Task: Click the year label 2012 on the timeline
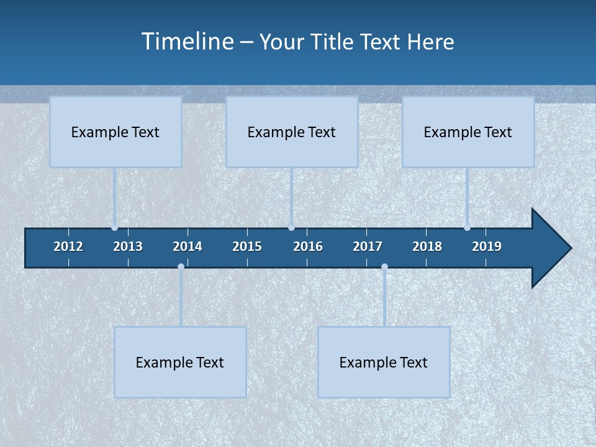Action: click(x=68, y=246)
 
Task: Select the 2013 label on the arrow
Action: click(x=128, y=246)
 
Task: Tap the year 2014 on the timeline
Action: click(x=187, y=246)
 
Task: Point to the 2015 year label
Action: click(x=247, y=246)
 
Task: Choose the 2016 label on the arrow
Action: click(x=308, y=246)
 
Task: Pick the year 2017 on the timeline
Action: click(x=368, y=246)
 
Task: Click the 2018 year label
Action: click(x=427, y=246)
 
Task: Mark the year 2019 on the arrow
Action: click(x=487, y=246)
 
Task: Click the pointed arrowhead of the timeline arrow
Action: click(x=553, y=248)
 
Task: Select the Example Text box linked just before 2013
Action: click(x=115, y=132)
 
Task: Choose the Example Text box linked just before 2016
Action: click(x=292, y=132)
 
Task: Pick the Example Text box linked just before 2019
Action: click(x=468, y=132)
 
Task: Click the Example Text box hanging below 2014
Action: click(x=180, y=362)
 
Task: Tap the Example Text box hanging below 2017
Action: click(x=384, y=362)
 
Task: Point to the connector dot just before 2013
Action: click(x=115, y=228)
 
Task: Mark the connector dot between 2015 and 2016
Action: click(x=292, y=228)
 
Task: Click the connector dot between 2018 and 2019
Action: click(x=467, y=228)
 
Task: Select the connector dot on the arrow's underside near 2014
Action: click(x=181, y=267)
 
